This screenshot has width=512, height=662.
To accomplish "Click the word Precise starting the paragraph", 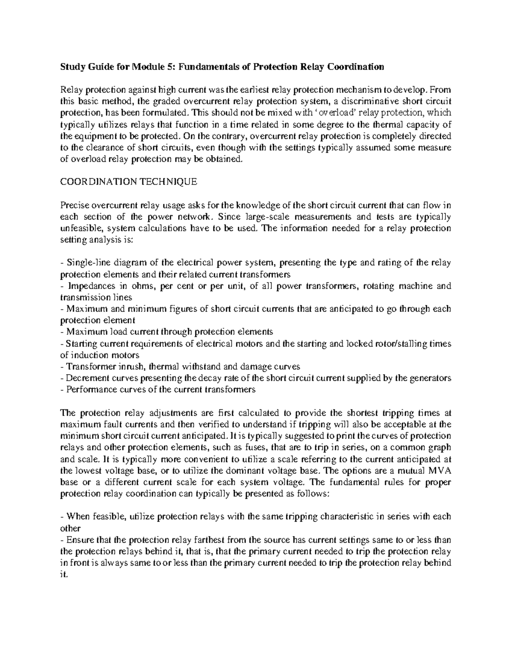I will click(x=74, y=205).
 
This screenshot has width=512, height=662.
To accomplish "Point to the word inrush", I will click(x=124, y=367).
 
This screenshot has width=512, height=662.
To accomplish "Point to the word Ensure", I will click(x=78, y=540).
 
